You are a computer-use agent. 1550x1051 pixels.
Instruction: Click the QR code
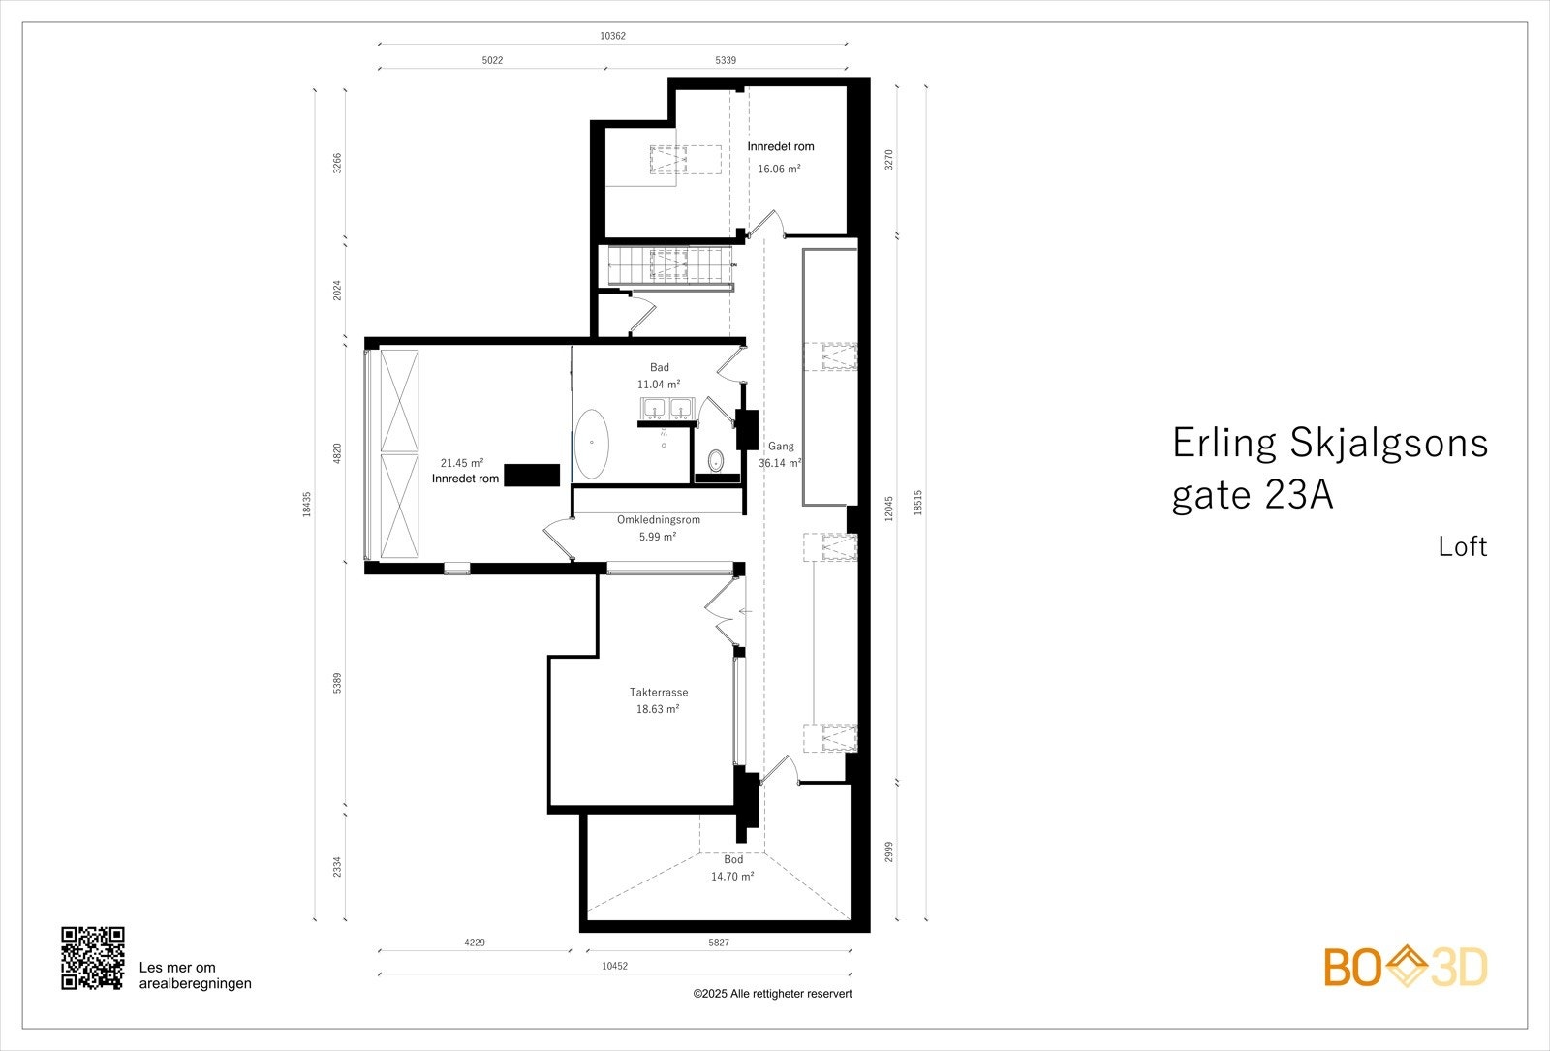pyautogui.click(x=93, y=958)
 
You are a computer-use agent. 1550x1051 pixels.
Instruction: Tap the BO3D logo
pyautogui.click(x=1406, y=967)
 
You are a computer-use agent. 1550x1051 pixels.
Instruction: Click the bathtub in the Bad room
pyautogui.click(x=591, y=445)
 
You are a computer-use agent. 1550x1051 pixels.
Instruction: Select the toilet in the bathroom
pyautogui.click(x=717, y=459)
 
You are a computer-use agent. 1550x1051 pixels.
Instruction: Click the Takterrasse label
pyautogui.click(x=659, y=693)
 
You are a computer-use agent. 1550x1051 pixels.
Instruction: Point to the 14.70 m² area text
pyautogui.click(x=732, y=877)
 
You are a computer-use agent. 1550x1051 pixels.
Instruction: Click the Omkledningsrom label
pyautogui.click(x=659, y=520)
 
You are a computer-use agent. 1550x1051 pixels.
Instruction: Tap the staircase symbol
pyautogui.click(x=668, y=263)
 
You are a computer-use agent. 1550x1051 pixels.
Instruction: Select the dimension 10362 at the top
pyautogui.click(x=612, y=36)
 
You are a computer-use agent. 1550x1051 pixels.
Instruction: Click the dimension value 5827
pyautogui.click(x=719, y=943)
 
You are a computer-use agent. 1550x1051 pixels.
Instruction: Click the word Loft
pyautogui.click(x=1462, y=547)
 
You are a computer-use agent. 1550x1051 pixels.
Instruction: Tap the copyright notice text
pyautogui.click(x=772, y=994)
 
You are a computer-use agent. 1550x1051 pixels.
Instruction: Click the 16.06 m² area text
pyautogui.click(x=779, y=169)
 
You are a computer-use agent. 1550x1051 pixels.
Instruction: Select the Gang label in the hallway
pyautogui.click(x=781, y=447)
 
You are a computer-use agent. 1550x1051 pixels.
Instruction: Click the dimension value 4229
pyautogui.click(x=475, y=943)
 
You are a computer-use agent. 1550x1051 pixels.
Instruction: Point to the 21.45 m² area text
pyautogui.click(x=462, y=463)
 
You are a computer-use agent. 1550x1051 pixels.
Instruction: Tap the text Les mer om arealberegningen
pyautogui.click(x=195, y=975)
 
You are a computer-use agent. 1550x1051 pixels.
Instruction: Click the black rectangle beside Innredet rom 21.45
pyautogui.click(x=533, y=475)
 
